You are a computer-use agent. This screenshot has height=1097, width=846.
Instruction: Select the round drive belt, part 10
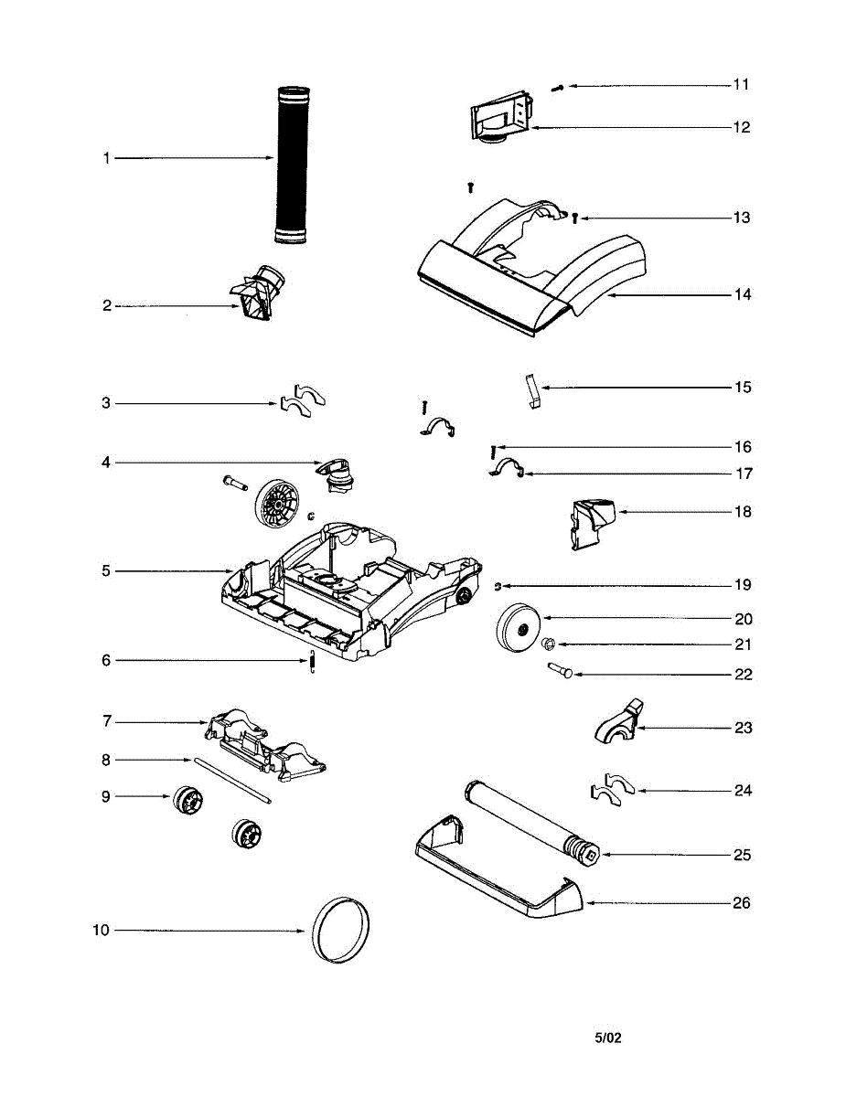pyautogui.click(x=342, y=930)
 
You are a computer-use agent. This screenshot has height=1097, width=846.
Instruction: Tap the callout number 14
pyautogui.click(x=742, y=294)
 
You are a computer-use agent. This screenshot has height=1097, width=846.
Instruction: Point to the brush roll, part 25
pyautogui.click(x=531, y=819)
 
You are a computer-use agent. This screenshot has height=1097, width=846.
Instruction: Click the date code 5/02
pyautogui.click(x=608, y=1038)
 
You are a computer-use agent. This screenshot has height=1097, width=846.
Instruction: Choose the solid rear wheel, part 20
pyautogui.click(x=518, y=629)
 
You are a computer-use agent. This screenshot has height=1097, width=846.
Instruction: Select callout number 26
pyautogui.click(x=742, y=903)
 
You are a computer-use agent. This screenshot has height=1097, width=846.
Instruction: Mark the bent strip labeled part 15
pyautogui.click(x=533, y=390)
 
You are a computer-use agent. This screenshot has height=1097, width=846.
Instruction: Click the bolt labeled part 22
pyautogui.click(x=561, y=672)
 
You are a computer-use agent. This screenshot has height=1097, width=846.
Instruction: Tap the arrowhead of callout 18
pyautogui.click(x=621, y=512)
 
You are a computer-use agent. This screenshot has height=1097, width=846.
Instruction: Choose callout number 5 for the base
pyautogui.click(x=106, y=571)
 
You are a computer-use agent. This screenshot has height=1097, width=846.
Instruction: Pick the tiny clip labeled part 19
pyautogui.click(x=498, y=586)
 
